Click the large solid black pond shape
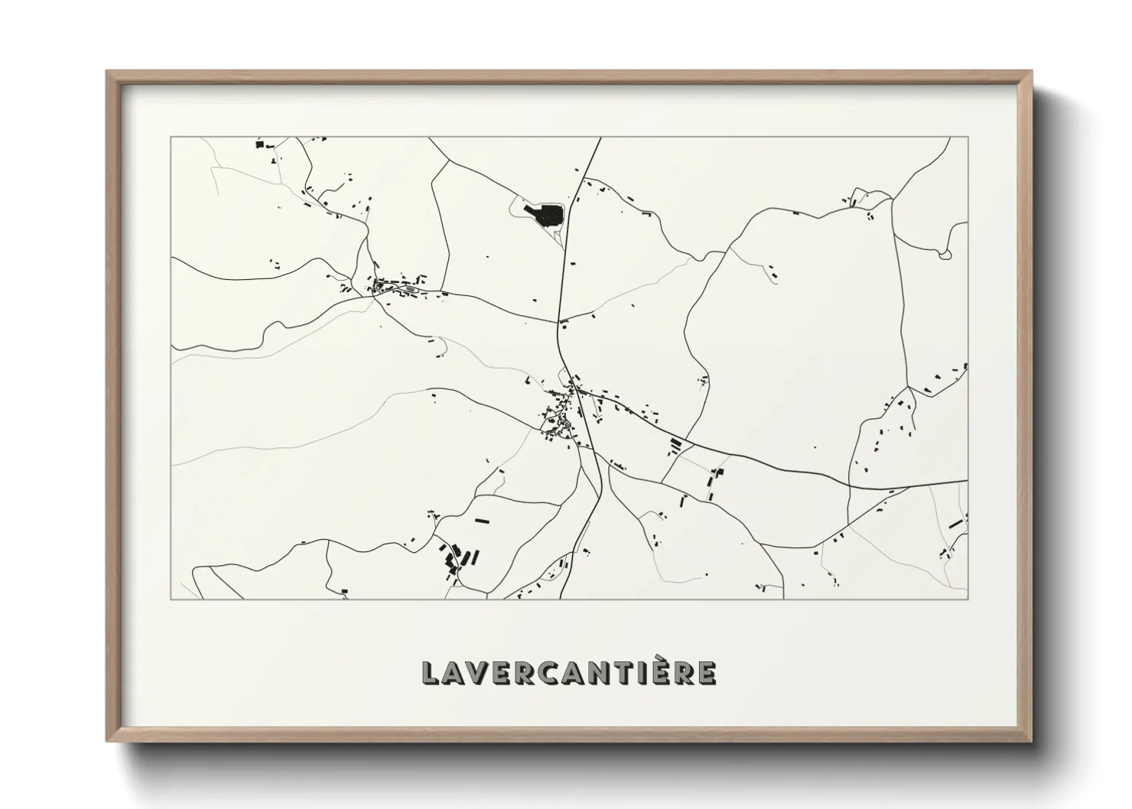tap(545, 215)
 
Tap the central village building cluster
tap(561, 417)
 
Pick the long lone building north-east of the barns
tap(482, 521)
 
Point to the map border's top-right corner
tap(968, 138)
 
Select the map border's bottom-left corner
tap(171, 599)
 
